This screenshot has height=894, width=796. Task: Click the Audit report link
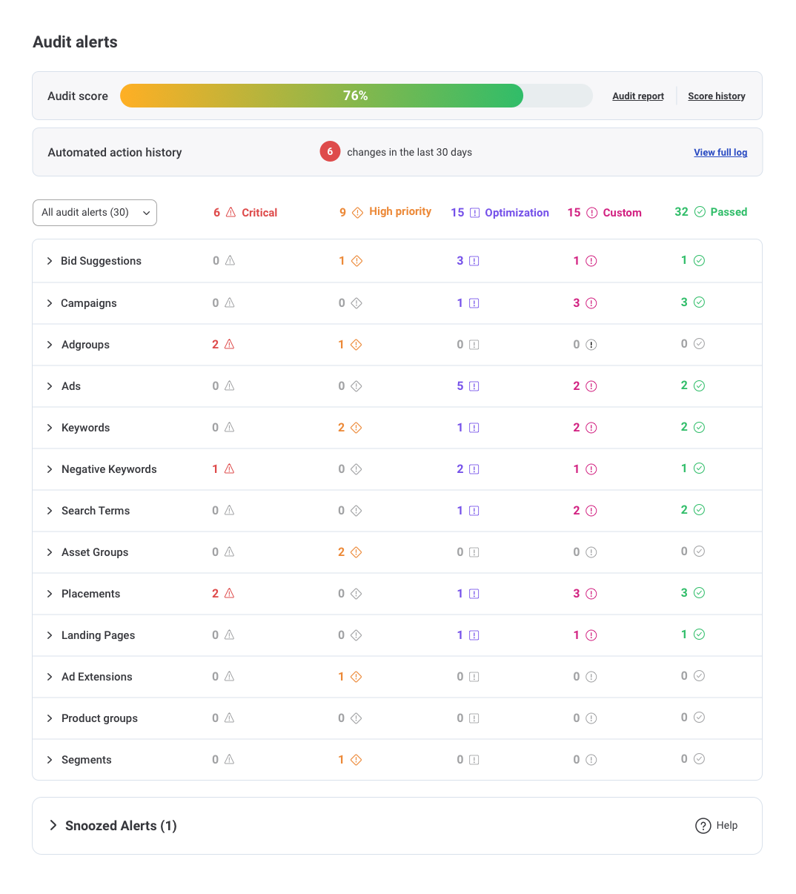click(637, 96)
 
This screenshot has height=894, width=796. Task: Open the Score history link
click(716, 96)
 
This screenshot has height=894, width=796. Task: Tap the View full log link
click(720, 153)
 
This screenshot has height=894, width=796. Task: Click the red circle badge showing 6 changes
click(330, 152)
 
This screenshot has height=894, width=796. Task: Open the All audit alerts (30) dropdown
click(95, 213)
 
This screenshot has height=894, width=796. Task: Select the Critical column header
click(245, 213)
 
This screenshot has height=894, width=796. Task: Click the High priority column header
click(385, 212)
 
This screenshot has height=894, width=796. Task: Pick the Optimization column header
click(500, 213)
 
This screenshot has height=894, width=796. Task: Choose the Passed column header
click(711, 212)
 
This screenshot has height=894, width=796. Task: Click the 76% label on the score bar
click(356, 96)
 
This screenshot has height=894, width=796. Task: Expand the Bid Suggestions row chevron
click(50, 261)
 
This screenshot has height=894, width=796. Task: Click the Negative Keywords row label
click(109, 469)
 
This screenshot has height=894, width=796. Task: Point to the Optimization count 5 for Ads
click(460, 386)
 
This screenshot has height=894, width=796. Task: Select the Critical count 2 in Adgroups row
click(216, 345)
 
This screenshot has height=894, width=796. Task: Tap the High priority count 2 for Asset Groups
click(342, 552)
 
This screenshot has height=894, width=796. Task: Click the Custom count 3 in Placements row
click(577, 594)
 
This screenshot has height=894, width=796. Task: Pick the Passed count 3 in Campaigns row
click(684, 302)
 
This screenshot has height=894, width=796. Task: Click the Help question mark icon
click(703, 826)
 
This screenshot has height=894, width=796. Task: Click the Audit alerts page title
click(75, 42)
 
